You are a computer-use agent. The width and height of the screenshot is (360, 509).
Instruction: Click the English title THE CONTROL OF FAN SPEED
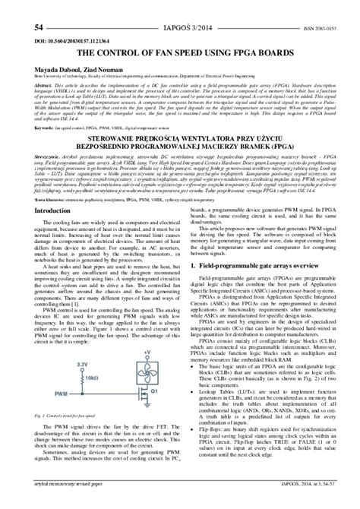tap(179, 34)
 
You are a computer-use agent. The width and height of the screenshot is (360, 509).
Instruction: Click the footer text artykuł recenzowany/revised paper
tap(46, 503)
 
